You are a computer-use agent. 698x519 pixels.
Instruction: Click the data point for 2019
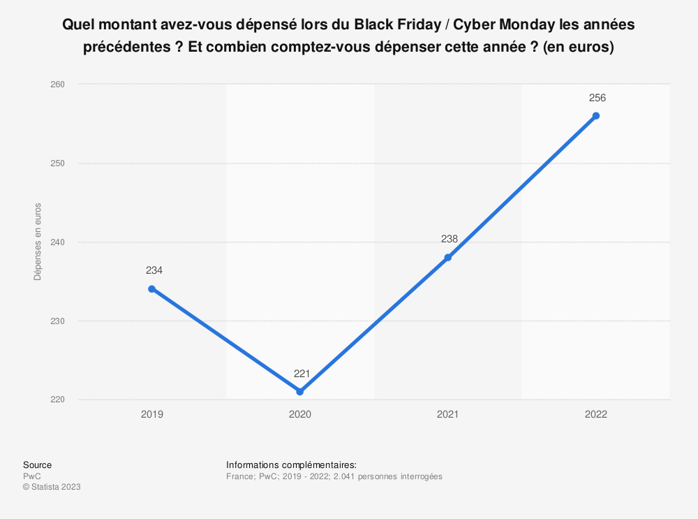click(x=152, y=288)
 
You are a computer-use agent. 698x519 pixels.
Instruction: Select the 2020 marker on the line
click(x=300, y=391)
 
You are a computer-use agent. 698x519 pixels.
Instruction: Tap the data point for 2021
click(x=448, y=257)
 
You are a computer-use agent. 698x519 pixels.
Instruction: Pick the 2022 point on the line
click(x=595, y=115)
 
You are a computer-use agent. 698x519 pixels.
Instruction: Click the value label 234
click(x=154, y=270)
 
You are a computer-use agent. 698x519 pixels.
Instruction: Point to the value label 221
click(x=302, y=374)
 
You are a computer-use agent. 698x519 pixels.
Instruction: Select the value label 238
click(x=450, y=239)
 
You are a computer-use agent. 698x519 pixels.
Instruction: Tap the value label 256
click(x=597, y=98)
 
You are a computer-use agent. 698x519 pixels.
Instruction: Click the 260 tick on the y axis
click(x=58, y=85)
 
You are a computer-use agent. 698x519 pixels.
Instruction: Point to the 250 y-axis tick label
click(x=58, y=163)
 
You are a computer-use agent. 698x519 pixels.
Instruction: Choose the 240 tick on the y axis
click(x=58, y=242)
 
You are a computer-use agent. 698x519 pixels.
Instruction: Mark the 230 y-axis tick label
click(x=58, y=321)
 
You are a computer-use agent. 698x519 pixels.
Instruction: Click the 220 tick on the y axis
click(x=58, y=400)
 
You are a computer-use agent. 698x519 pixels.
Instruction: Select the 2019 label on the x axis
click(x=152, y=414)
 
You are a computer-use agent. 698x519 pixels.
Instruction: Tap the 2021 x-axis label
click(x=448, y=414)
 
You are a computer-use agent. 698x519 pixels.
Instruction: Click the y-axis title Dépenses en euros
click(x=38, y=242)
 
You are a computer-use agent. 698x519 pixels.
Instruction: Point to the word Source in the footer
click(x=37, y=465)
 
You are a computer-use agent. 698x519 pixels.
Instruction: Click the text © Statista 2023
click(x=52, y=488)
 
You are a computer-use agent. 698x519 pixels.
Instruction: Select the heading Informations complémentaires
click(x=292, y=465)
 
